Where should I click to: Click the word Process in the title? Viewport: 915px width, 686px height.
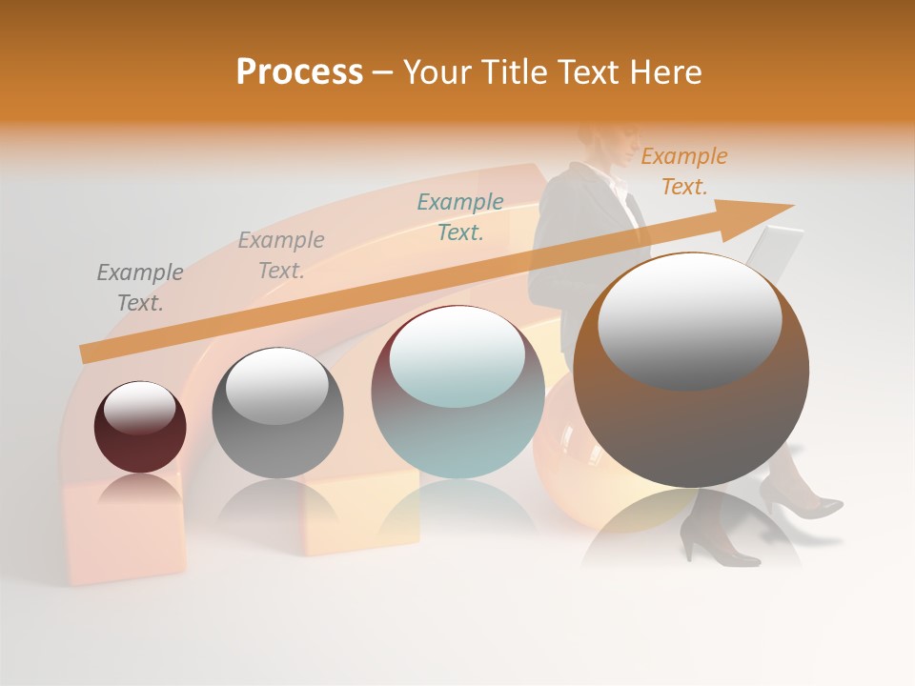(299, 72)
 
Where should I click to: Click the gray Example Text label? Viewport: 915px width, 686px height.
(140, 287)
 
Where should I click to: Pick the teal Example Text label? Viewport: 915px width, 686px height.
(460, 216)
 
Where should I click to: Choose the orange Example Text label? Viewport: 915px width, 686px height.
(683, 171)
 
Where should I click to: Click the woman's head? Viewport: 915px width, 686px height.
(602, 141)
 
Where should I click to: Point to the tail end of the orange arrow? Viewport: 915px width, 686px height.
(86, 353)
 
